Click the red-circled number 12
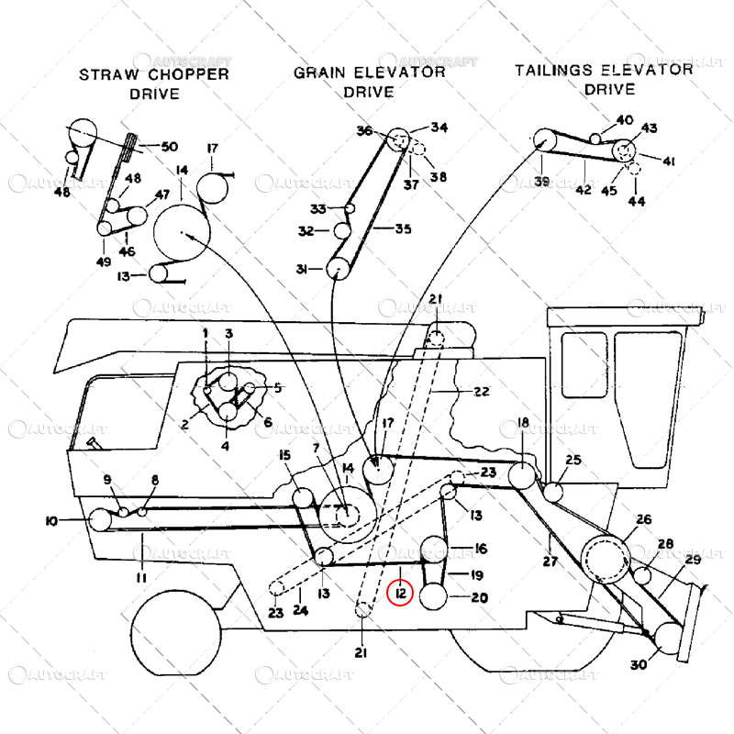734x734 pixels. tap(401, 594)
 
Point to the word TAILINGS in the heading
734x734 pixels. tap(551, 70)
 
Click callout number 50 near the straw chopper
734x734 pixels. tap(170, 147)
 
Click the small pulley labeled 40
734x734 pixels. tap(595, 138)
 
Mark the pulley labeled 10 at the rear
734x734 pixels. tap(101, 521)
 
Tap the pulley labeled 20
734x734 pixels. tap(435, 597)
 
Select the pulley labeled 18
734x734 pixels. tap(521, 476)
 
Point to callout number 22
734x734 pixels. tap(482, 392)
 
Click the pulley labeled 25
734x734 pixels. tap(552, 492)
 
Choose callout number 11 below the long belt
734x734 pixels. tap(141, 577)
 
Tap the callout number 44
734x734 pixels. tap(636, 200)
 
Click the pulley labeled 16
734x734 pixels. tap(434, 550)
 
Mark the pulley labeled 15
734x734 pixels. tap(303, 499)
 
